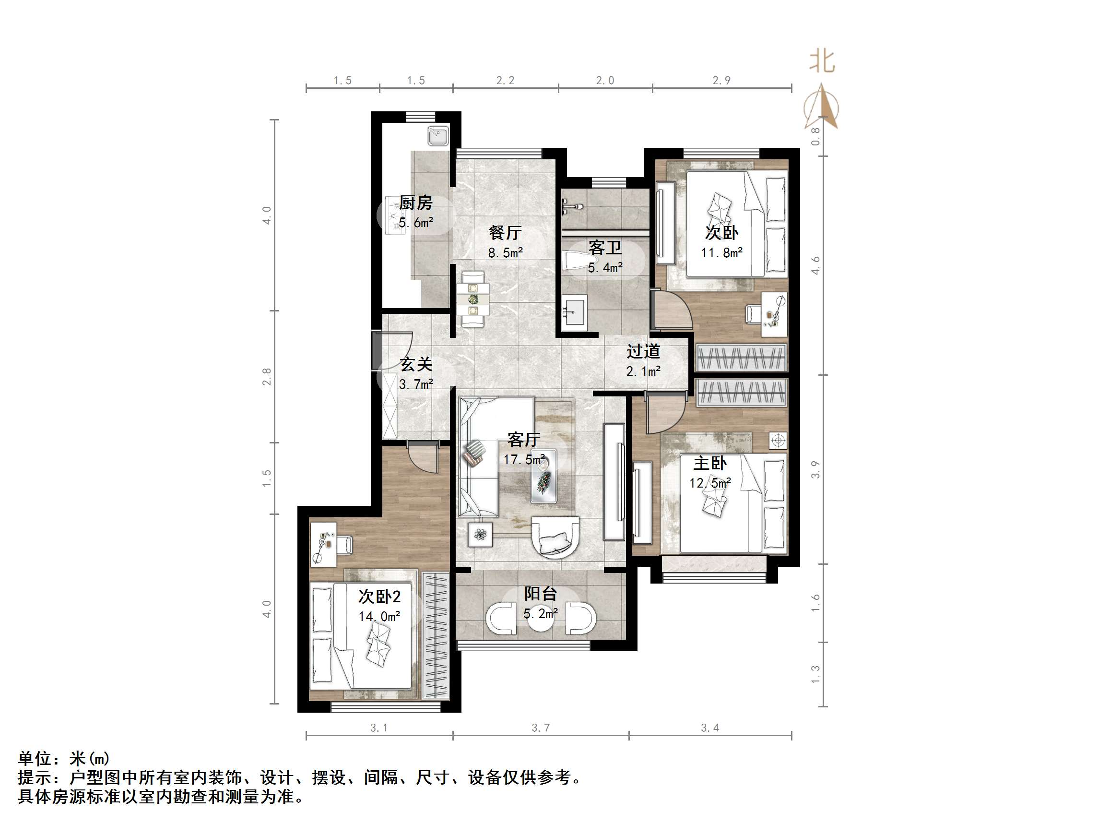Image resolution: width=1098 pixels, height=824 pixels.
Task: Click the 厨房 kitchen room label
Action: click(415, 203)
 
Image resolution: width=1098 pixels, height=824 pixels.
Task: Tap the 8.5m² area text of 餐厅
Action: click(505, 253)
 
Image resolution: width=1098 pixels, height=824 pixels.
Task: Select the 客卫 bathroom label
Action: click(604, 247)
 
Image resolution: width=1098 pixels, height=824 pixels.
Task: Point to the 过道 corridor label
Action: click(643, 352)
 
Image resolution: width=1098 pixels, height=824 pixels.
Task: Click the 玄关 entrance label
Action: click(416, 365)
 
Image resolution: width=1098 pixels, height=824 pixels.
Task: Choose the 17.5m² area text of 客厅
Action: click(524, 459)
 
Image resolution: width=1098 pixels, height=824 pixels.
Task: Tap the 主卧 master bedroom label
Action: click(710, 464)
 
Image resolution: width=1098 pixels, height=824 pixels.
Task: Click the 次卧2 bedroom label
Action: click(379, 597)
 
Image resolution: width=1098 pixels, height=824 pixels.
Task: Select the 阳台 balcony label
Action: click(541, 594)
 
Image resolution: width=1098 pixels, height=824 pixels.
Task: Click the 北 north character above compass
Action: click(822, 62)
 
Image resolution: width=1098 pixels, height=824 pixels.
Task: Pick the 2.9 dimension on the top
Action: click(721, 81)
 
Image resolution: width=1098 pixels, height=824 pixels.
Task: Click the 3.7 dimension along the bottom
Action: click(541, 728)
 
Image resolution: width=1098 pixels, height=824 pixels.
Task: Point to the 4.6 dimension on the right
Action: click(815, 265)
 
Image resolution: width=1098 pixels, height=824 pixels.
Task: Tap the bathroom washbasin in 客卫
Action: click(575, 310)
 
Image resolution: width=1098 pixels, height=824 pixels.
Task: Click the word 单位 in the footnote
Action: click(35, 758)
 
